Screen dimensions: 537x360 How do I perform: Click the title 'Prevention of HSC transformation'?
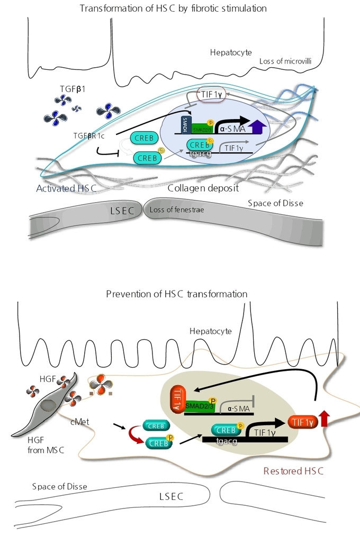click(x=176, y=294)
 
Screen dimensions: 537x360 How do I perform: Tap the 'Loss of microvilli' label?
click(x=285, y=61)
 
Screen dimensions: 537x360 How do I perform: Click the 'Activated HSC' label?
click(x=61, y=189)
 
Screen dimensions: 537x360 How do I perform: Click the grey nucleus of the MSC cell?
click(x=49, y=405)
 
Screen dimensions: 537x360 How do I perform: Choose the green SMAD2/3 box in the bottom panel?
click(x=200, y=406)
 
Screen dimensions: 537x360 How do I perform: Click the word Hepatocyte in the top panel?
click(x=231, y=53)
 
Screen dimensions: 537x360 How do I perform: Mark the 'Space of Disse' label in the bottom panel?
click(x=59, y=486)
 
